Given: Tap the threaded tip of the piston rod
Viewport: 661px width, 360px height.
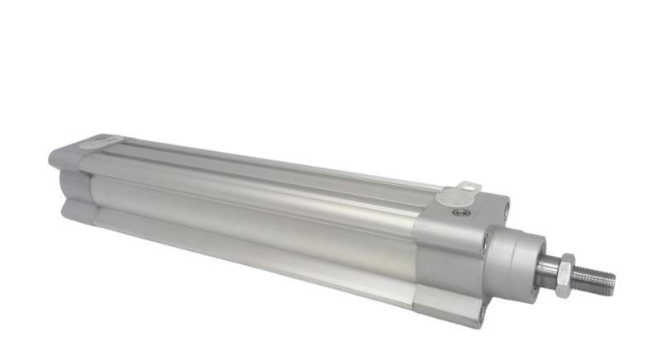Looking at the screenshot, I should click(597, 280).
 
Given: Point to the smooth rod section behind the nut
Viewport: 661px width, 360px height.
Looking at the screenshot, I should click(549, 268).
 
